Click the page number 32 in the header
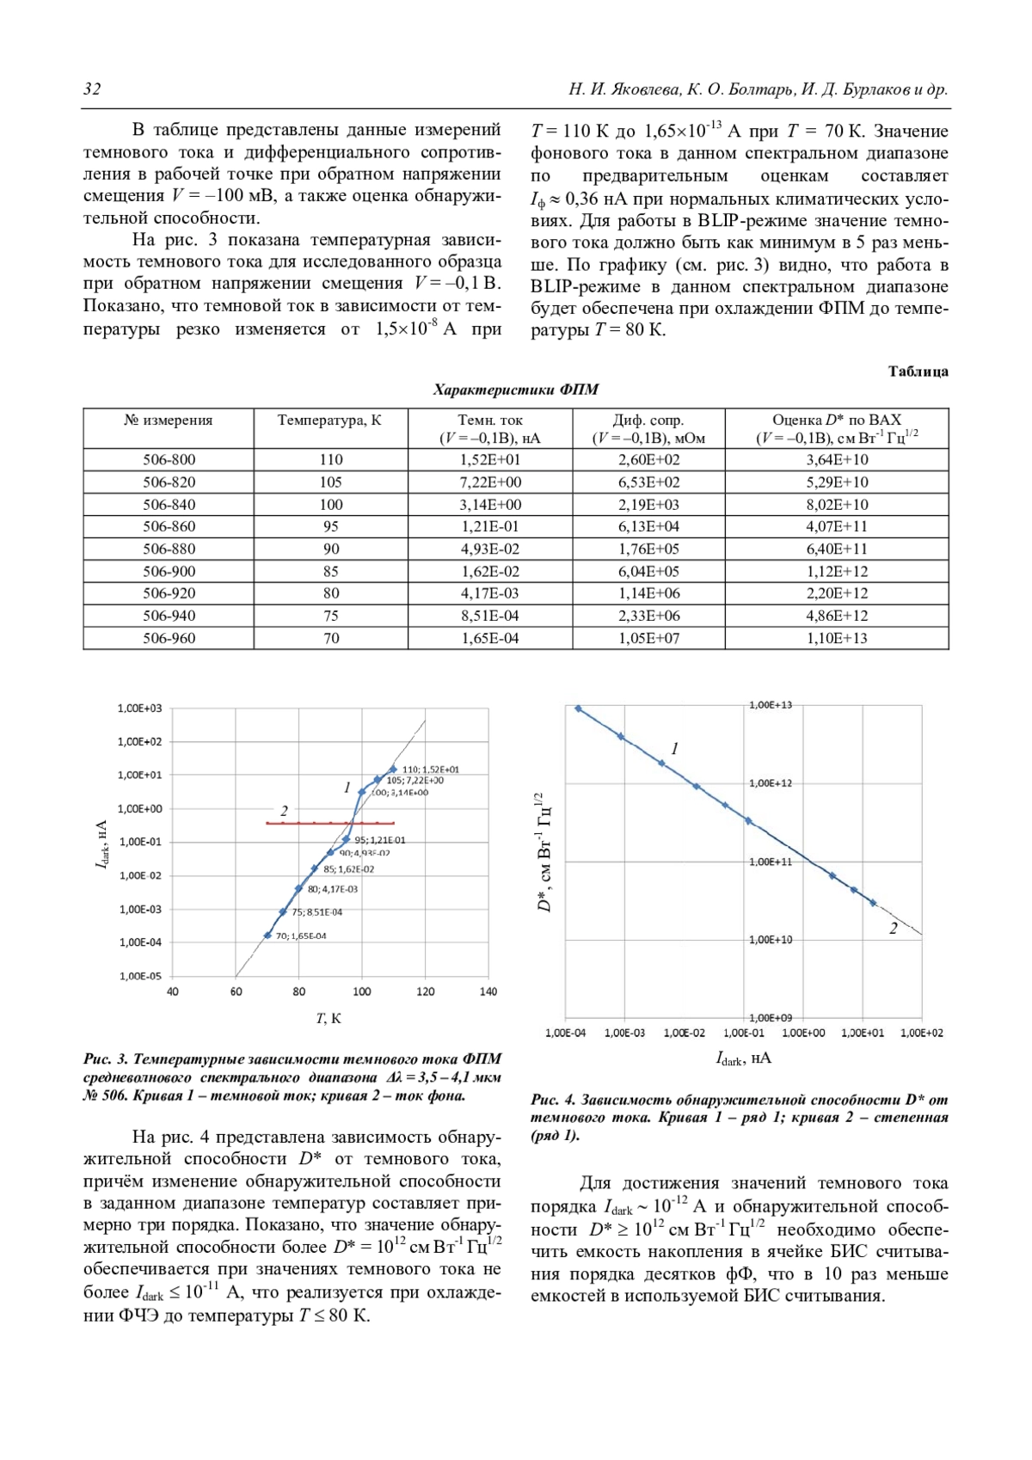(x=92, y=89)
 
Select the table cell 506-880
(x=169, y=549)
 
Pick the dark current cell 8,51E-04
(x=490, y=616)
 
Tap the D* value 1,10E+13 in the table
(x=837, y=638)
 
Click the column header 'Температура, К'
(x=329, y=420)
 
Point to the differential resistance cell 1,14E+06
(x=648, y=593)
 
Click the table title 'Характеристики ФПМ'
(x=516, y=390)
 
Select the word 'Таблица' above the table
(x=918, y=371)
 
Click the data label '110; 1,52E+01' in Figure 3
(x=430, y=770)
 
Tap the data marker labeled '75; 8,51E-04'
(x=283, y=912)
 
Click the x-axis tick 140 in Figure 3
(x=488, y=991)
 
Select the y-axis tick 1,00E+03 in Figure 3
(x=139, y=709)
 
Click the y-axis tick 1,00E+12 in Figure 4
(x=771, y=783)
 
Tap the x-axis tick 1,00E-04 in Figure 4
(x=565, y=1033)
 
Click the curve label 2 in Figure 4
(x=894, y=928)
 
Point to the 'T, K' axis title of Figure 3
(x=329, y=1018)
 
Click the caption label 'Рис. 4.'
(x=553, y=1100)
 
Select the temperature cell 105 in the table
(x=331, y=482)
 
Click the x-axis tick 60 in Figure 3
(x=236, y=991)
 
